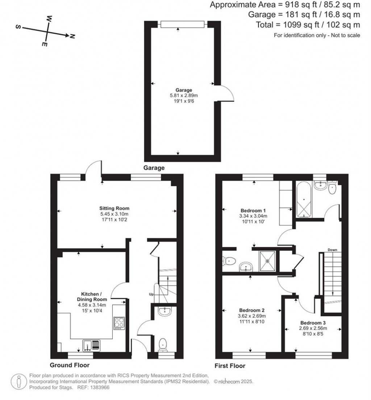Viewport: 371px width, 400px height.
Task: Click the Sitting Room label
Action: click(x=114, y=208)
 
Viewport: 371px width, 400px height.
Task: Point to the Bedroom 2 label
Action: click(x=252, y=310)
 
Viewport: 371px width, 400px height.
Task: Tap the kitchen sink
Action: click(x=92, y=345)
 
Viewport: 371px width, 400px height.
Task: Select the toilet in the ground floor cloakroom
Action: click(x=163, y=344)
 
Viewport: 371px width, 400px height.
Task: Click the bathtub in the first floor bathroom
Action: click(x=304, y=199)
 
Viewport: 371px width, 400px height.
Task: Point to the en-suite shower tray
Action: click(x=268, y=260)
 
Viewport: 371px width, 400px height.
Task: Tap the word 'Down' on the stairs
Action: click(x=332, y=250)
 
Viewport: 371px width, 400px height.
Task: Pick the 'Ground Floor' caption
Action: click(x=70, y=365)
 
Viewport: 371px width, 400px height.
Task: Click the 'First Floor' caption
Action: click(x=230, y=366)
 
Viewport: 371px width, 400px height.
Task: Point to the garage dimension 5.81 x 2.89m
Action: click(x=184, y=96)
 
